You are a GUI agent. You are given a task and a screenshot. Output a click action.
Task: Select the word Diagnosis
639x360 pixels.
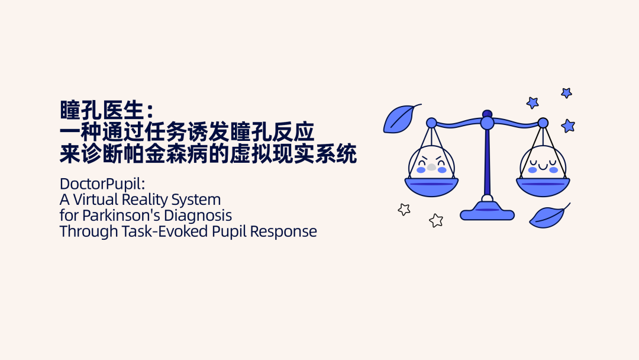click(x=198, y=216)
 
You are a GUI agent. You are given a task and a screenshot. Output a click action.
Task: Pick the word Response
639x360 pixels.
click(x=283, y=232)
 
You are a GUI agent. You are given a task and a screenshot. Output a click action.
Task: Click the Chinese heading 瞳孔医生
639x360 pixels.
click(x=102, y=110)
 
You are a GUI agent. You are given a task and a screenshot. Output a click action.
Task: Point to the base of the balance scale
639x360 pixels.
click(x=487, y=212)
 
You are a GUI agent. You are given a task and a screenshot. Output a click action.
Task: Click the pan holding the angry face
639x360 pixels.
click(x=431, y=187)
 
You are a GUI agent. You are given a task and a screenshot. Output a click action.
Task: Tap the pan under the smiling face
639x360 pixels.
click(x=543, y=187)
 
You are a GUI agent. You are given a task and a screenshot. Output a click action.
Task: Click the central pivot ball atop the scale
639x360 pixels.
click(x=487, y=123)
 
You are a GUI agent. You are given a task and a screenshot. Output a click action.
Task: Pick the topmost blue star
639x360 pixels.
click(x=566, y=93)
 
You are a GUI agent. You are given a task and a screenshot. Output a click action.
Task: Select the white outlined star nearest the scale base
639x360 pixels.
click(x=436, y=221)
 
